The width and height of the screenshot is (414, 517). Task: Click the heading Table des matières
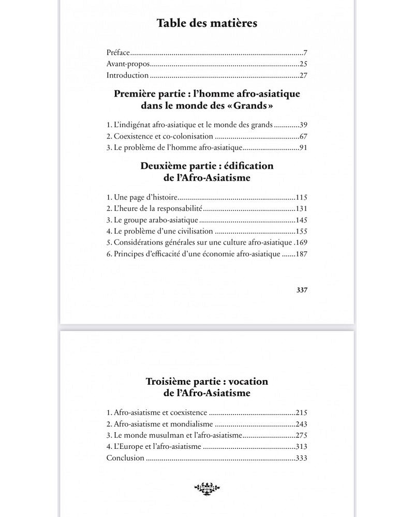click(x=207, y=23)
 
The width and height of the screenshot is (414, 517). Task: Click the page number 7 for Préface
click(x=306, y=53)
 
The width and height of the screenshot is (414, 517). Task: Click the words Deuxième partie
click(x=172, y=167)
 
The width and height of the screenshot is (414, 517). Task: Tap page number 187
click(x=301, y=254)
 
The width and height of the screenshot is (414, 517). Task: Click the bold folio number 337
click(x=302, y=290)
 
